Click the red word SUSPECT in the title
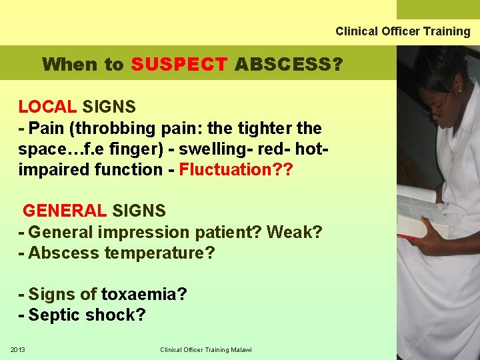coord(179,65)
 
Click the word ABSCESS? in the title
coord(288,65)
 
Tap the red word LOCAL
coord(47,107)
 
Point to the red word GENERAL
coord(64,211)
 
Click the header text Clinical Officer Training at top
coord(402,31)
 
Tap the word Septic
coord(54,315)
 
